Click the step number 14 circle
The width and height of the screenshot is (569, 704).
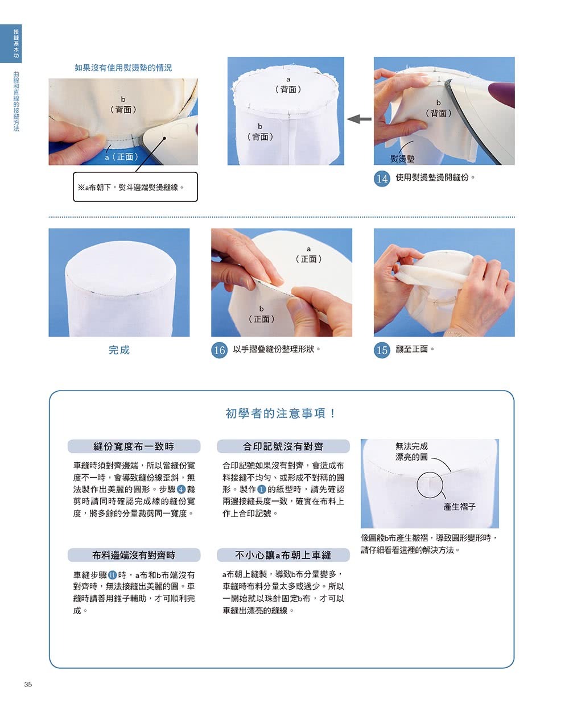coord(382,179)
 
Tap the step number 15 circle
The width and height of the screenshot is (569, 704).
coord(382,350)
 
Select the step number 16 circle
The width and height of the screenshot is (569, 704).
coord(219,350)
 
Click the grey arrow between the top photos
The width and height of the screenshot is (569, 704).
coord(358,119)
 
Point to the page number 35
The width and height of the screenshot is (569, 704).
coord(28,684)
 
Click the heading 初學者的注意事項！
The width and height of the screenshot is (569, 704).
coord(281,413)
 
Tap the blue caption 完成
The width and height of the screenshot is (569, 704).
coord(119,350)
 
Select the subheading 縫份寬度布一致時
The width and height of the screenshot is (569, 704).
coord(134,446)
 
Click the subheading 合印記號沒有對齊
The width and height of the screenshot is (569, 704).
coord(283,446)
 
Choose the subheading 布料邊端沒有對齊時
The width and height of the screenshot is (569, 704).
coord(134,555)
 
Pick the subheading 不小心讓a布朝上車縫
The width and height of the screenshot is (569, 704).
coord(283,555)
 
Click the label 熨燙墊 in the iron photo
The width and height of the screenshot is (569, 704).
coord(402,159)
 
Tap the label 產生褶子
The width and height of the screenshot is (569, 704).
coord(459,507)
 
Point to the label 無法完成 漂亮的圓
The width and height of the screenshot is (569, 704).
coord(411,452)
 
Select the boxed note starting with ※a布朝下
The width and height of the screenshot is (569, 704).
coord(135,187)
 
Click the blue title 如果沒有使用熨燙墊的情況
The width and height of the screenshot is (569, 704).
coord(123,68)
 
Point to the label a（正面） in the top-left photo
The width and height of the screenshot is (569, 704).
coord(121,156)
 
